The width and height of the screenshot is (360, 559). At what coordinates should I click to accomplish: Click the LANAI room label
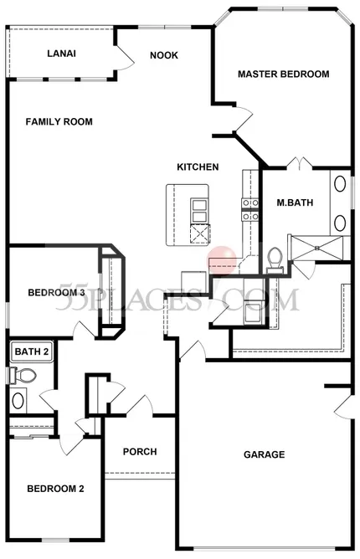pos(61,54)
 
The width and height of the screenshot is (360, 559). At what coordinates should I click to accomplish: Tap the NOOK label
pos(164,55)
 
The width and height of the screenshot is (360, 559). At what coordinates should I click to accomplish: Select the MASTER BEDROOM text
pos(283,74)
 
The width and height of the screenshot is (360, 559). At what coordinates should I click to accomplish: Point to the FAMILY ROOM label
pos(59,122)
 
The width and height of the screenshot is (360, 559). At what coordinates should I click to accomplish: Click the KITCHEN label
pos(198,167)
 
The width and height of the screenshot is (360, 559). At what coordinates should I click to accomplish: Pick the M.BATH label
pos(295,203)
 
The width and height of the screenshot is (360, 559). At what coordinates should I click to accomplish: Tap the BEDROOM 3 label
pos(56,293)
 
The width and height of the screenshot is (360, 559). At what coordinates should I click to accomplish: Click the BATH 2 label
pos(32,351)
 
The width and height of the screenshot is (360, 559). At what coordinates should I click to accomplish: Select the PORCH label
pos(140,452)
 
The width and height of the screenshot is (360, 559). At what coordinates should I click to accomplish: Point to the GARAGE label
pos(264,454)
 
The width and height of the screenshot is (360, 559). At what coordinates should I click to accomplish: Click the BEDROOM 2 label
pos(55,489)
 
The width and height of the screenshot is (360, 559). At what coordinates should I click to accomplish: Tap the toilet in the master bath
pos(275,259)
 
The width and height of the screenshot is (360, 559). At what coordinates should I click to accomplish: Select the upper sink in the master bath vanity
pos(340,184)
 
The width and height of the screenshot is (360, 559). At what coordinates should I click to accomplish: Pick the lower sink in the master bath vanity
pos(340,223)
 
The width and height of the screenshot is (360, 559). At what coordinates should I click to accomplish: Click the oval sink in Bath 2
pos(18,401)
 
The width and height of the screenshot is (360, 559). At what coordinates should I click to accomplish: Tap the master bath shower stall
pos(316,249)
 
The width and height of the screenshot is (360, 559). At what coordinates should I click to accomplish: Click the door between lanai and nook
pos(124,57)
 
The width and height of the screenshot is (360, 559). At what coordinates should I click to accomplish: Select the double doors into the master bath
pos(300,162)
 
